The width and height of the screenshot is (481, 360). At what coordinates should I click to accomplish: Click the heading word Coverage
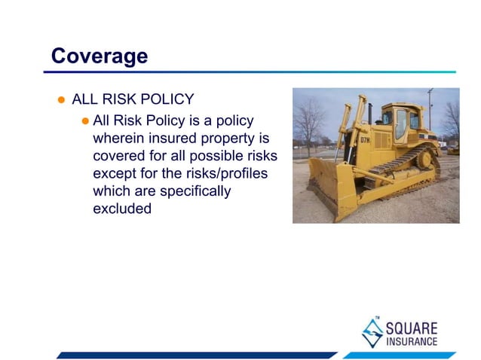(99, 56)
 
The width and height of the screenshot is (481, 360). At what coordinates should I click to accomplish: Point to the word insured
(174, 139)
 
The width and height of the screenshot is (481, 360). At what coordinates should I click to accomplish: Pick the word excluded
(122, 209)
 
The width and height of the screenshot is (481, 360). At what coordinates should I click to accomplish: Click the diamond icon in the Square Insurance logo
(372, 331)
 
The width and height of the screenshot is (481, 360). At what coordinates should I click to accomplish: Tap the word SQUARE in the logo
(411, 327)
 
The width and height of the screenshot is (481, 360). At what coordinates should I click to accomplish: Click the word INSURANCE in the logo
(411, 341)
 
